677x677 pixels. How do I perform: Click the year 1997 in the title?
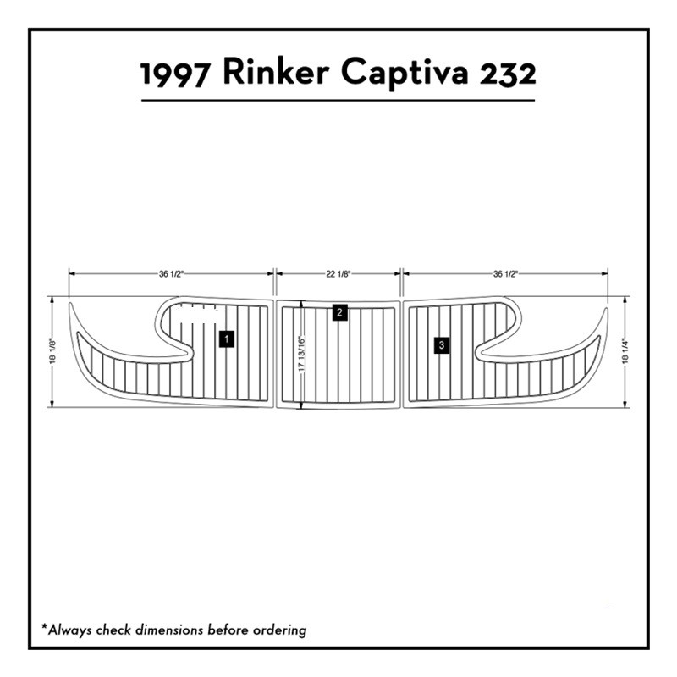tap(174, 74)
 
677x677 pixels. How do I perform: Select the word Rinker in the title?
tap(276, 72)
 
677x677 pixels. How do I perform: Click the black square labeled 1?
tap(227, 339)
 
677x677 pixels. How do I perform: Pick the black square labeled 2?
tap(340, 312)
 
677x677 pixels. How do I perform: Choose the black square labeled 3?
tap(441, 345)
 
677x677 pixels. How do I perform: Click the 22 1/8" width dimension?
tap(338, 273)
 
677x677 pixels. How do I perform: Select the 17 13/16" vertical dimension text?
tap(302, 354)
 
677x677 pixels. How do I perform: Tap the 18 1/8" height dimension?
tap(52, 350)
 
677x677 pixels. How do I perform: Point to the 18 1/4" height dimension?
tap(625, 351)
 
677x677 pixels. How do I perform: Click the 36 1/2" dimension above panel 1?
tap(172, 273)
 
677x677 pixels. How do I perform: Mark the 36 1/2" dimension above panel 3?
tap(505, 273)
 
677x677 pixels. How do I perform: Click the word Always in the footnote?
tap(70, 630)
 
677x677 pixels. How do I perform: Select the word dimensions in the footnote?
tap(169, 630)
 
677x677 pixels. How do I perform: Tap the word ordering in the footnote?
tap(280, 630)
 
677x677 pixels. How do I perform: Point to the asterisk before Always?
tap(44, 625)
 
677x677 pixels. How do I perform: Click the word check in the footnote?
tap(113, 630)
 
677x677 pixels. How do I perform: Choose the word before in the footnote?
tap(228, 630)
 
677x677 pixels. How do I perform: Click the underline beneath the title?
tap(338, 100)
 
